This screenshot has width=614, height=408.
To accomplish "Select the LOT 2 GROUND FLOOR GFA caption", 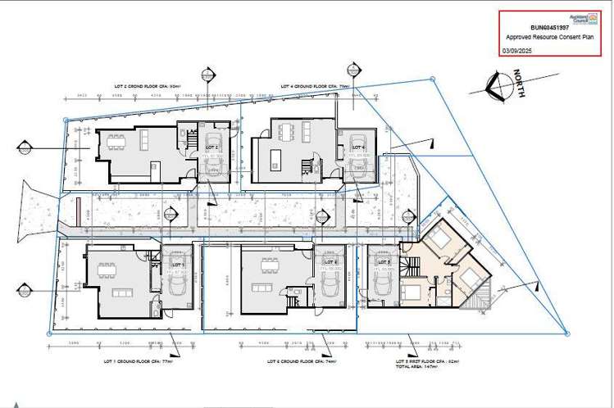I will [152, 85].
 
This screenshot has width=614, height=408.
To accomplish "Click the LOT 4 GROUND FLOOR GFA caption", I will [315, 85].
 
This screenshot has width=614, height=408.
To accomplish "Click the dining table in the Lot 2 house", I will [116, 139].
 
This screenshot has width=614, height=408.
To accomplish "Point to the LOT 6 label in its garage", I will [331, 262].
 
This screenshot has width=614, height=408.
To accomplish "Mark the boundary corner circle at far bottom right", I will [566, 332].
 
